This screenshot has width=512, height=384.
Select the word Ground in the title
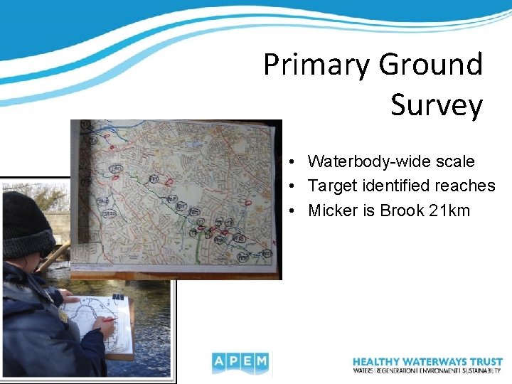point(430,65)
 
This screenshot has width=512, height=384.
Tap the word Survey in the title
point(436,105)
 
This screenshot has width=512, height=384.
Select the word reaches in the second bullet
point(467,186)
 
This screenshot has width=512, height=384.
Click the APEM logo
point(240,363)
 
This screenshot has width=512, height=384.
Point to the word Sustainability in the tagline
point(480,370)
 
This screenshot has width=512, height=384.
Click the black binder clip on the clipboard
point(118,297)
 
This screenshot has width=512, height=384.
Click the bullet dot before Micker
point(294,211)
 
